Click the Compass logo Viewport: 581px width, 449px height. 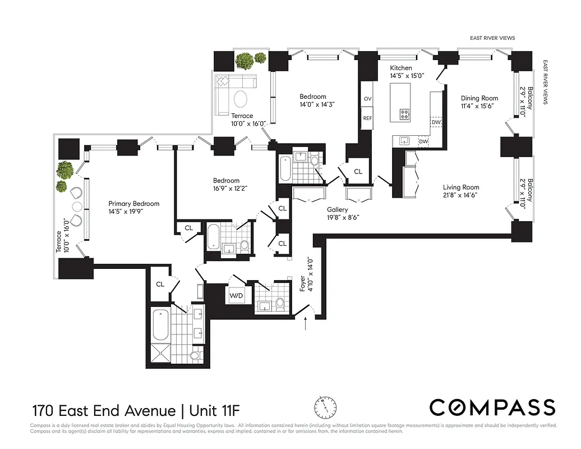pos(492,407)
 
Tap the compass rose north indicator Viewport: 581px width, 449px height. pos(325,406)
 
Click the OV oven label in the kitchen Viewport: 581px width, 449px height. pos(368,99)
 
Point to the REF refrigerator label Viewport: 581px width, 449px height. pos(368,118)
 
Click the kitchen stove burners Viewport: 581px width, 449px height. pos(405,114)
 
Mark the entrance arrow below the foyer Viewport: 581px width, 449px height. pos(305,324)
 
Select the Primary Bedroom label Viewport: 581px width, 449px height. pos(134,204)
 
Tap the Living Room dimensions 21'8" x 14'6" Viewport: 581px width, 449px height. pos(461,195)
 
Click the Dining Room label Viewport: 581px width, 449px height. pos(479,98)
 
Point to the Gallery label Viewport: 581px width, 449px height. pos(338,209)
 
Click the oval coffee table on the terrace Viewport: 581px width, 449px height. pos(239,99)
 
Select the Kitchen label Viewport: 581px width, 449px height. pos(401,68)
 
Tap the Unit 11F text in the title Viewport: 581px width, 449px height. pos(213,407)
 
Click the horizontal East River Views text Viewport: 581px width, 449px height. pos(492,38)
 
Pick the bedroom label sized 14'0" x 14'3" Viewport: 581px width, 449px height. pos(312,97)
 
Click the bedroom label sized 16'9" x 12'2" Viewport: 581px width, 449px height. pos(226,180)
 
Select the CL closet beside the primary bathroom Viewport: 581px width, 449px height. pos(160,284)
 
